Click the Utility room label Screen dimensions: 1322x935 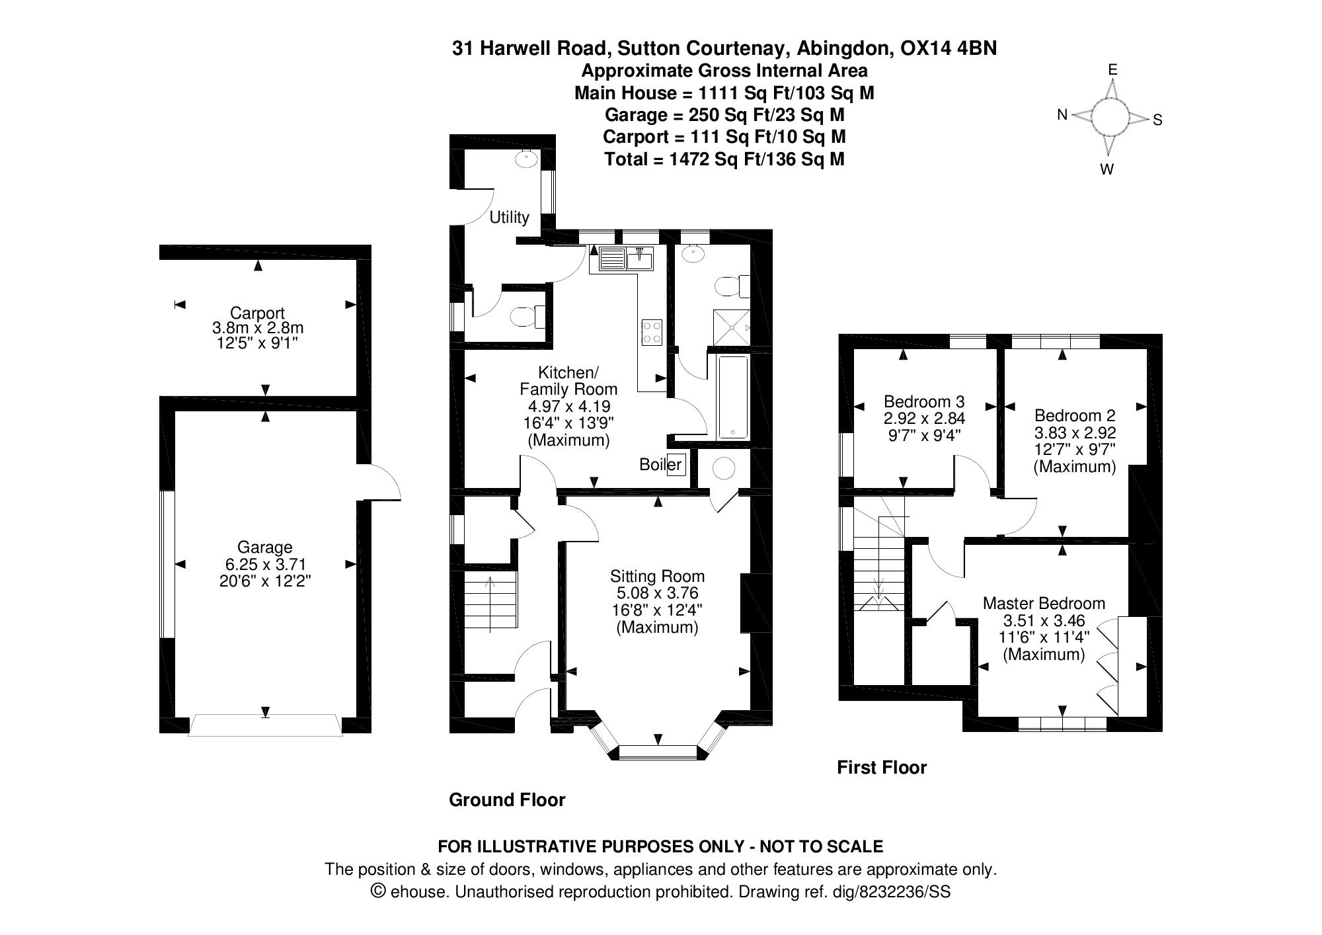509,217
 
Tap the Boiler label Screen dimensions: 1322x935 660,464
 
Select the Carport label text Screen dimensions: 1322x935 257,313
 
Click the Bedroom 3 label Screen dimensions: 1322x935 924,401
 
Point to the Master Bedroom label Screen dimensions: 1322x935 1044,603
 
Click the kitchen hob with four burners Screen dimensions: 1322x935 652,332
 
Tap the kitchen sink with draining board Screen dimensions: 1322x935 621,259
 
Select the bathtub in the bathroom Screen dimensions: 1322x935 733,397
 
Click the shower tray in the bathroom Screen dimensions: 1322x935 732,327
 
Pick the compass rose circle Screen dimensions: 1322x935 1110,117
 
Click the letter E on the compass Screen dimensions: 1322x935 1112,69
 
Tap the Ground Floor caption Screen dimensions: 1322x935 507,800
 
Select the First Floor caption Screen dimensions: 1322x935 882,767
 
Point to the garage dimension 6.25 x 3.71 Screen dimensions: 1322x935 264,564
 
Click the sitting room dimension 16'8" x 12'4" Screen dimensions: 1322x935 657,610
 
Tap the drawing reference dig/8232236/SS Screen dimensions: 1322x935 891,892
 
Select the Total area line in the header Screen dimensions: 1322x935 724,159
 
